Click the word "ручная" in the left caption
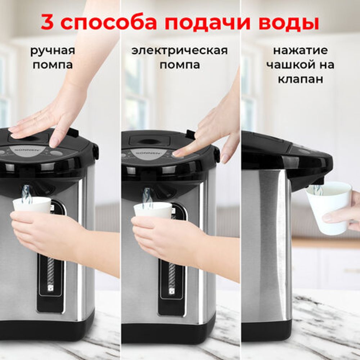click(x=53, y=51)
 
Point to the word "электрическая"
click(x=180, y=50)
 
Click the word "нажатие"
click(x=300, y=50)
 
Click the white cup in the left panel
click(x=32, y=205)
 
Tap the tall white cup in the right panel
click(x=328, y=207)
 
